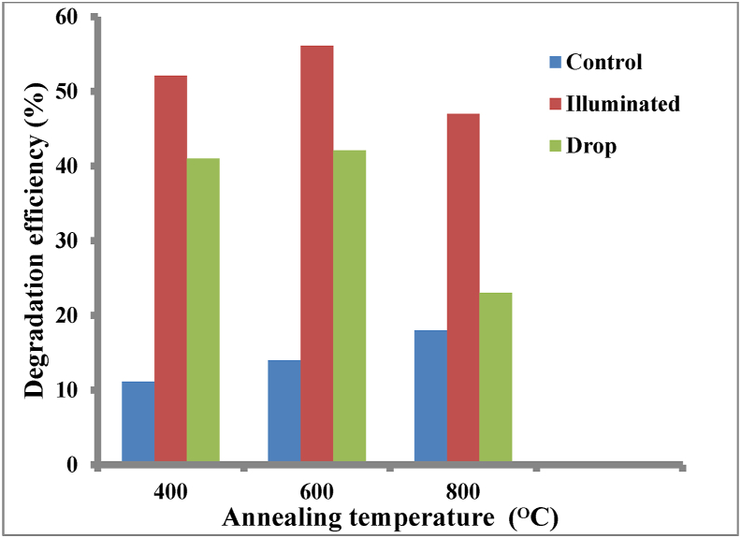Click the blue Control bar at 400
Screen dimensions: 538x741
[x=138, y=422]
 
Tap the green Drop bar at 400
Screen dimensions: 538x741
[x=203, y=311]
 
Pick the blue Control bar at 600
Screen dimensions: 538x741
[x=283, y=412]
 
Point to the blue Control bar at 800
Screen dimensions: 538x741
[x=430, y=397]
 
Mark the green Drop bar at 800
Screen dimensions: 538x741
[x=496, y=378]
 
